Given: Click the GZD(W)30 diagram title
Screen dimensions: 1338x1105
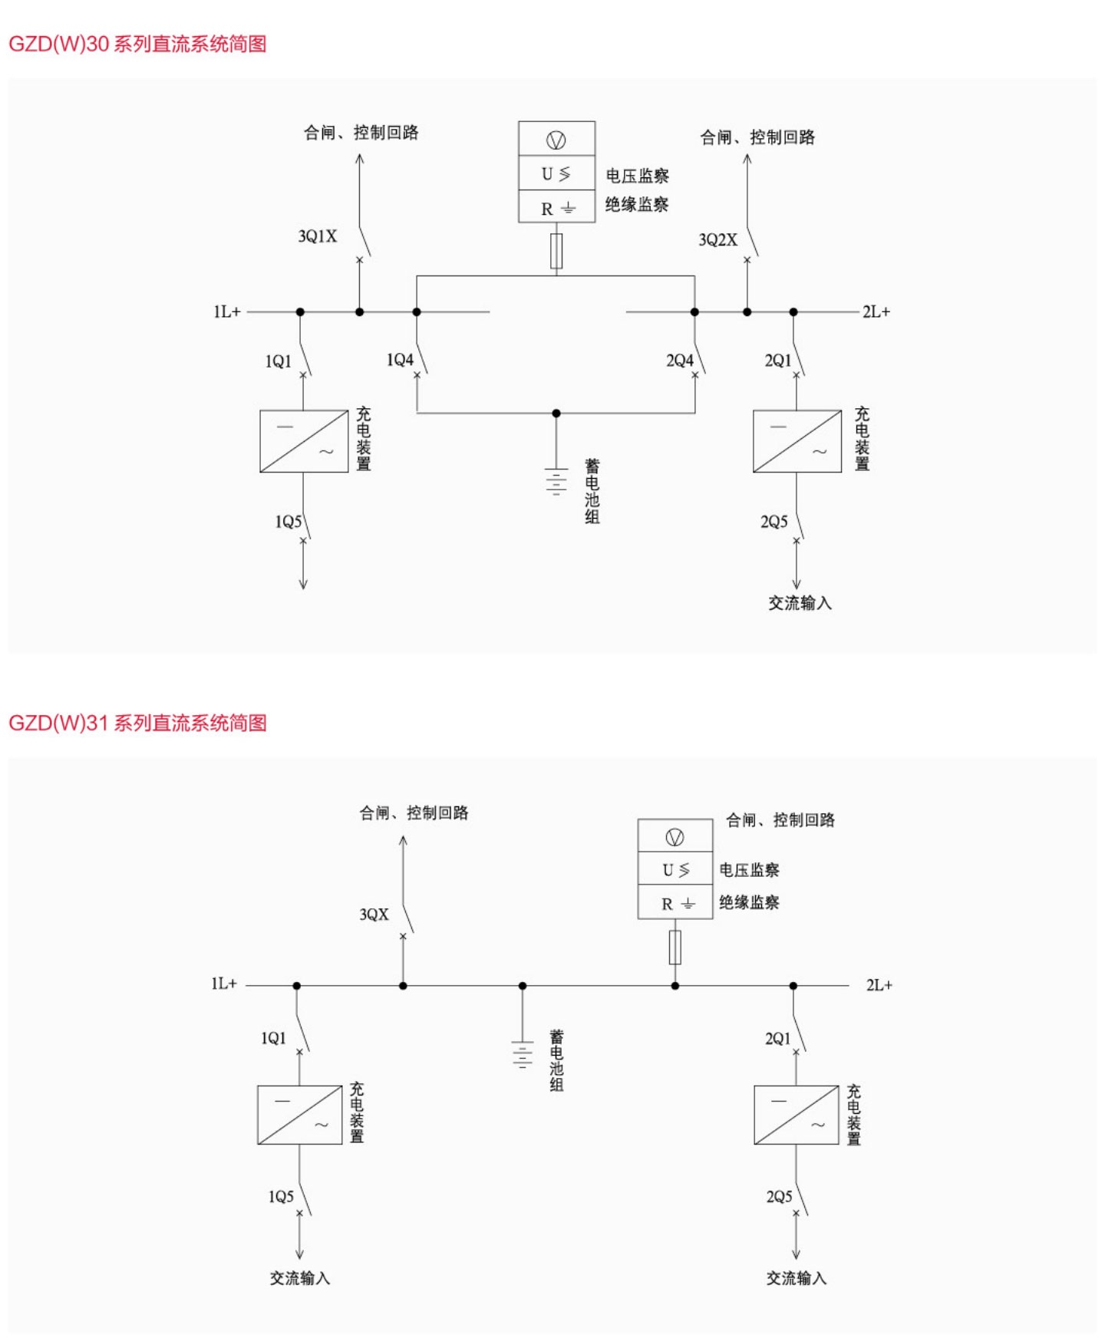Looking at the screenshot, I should coord(137,44).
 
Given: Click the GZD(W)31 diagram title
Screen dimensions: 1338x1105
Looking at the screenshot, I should coord(137,723).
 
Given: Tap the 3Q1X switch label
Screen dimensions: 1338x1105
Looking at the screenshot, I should coord(317,236).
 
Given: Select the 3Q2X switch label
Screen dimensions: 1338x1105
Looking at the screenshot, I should coord(717,240).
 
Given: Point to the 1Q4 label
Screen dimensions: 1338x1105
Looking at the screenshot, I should coord(400,360).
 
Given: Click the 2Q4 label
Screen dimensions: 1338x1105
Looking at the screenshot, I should coord(679,361).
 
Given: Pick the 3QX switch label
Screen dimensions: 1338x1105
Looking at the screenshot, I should coord(374,915).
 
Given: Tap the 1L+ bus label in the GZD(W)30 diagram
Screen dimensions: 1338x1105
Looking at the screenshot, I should coord(227,311).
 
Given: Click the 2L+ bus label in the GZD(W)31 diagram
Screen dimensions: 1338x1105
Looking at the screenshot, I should coord(879,985).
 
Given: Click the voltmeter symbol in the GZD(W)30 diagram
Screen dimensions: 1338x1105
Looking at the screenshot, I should coord(556,140).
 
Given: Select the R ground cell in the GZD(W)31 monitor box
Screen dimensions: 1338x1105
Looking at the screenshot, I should coord(675,904).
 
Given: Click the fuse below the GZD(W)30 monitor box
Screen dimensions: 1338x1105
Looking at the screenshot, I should coord(556,251).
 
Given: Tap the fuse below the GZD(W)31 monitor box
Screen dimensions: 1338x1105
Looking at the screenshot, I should coord(675,947).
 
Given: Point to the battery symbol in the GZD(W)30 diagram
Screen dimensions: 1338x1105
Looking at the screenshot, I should coord(556,481).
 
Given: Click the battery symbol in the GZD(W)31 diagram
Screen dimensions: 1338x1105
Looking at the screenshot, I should coord(523,1054).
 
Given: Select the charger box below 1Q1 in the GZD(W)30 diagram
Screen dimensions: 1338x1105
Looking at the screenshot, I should coord(304,441).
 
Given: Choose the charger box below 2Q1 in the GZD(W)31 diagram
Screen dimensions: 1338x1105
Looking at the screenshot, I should coord(796,1115).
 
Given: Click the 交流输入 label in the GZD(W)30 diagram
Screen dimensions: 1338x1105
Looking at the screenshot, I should coord(800,603).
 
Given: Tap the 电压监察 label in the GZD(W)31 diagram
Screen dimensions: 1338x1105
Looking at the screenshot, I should coord(749,870).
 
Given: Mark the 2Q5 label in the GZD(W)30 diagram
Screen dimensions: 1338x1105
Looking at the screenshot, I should coord(773,522).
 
